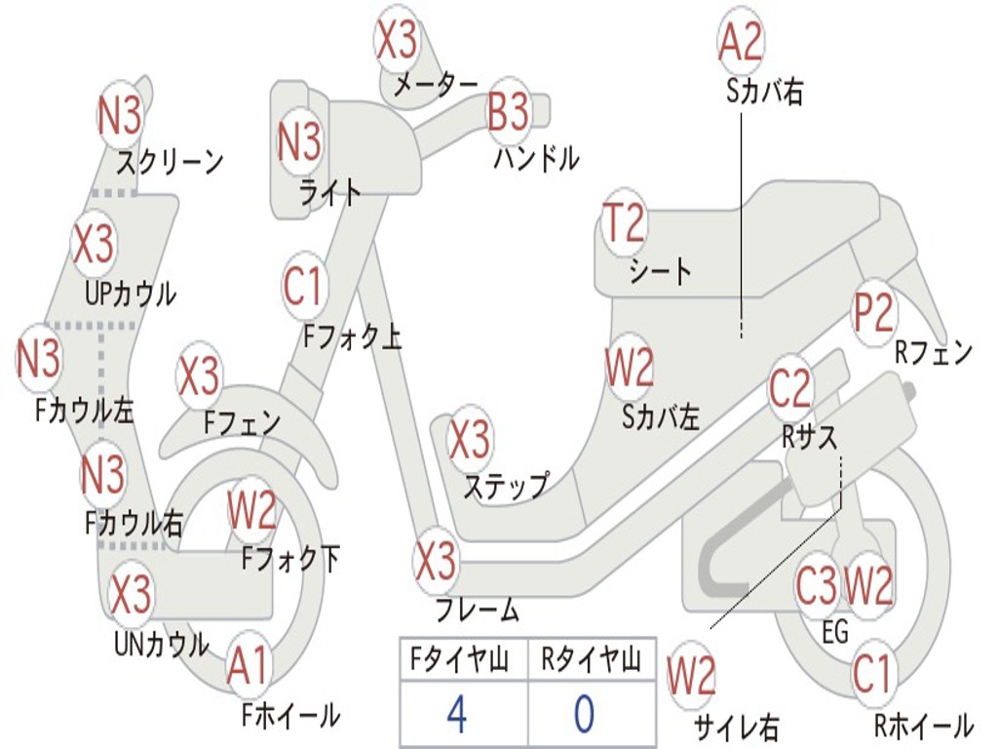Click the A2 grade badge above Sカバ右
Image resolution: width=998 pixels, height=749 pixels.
pyautogui.click(x=741, y=42)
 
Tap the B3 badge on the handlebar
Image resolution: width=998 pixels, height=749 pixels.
pyautogui.click(x=508, y=112)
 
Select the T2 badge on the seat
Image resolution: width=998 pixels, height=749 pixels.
pyautogui.click(x=624, y=224)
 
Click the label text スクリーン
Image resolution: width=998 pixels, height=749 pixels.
pyautogui.click(x=170, y=161)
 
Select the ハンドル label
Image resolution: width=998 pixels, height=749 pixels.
pyautogui.click(x=536, y=158)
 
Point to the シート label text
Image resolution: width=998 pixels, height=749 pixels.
pyautogui.click(x=660, y=271)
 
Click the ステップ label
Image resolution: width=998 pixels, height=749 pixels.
pyautogui.click(x=505, y=486)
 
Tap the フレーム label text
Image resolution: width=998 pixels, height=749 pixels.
pyautogui.click(x=477, y=611)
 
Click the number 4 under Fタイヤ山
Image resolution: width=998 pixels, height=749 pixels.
pyautogui.click(x=456, y=715)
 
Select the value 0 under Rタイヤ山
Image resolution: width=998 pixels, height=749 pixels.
pyautogui.click(x=584, y=715)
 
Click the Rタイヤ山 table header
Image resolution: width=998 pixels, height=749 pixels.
pyautogui.click(x=591, y=660)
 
